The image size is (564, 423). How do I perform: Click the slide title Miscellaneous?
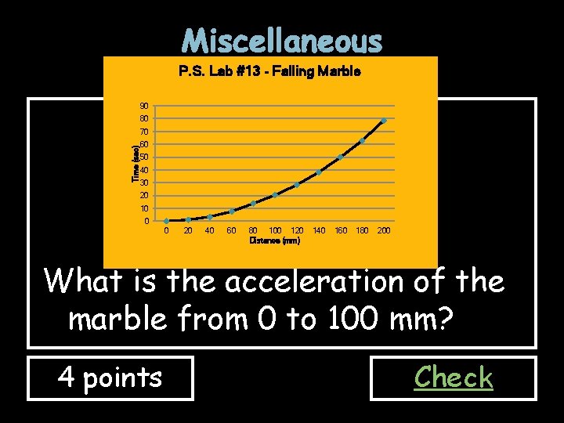(282, 40)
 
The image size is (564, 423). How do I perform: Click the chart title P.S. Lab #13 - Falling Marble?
(269, 71)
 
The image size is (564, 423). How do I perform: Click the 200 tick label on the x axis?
(384, 231)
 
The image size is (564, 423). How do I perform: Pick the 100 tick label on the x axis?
(275, 231)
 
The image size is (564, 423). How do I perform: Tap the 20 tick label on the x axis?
(188, 231)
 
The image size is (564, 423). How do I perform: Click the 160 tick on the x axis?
(341, 231)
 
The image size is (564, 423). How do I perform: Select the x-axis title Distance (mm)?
(274, 241)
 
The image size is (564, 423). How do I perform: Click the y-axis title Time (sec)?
(135, 163)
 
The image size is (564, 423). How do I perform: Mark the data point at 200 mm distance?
(384, 121)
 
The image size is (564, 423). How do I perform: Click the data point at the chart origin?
(167, 221)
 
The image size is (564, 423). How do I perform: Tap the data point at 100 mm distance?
(275, 195)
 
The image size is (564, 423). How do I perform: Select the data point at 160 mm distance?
(340, 157)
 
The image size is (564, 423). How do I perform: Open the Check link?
(454, 378)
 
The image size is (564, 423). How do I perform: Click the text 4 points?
(110, 378)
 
